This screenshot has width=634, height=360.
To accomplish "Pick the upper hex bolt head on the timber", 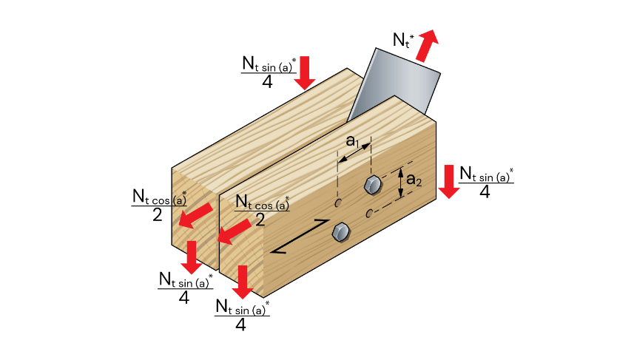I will pos(371,184).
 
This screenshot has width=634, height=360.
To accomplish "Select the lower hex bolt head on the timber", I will pos(340,231).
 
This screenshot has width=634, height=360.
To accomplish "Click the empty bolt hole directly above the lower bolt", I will pos(339,202).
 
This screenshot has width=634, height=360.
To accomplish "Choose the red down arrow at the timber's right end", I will pos(448,182).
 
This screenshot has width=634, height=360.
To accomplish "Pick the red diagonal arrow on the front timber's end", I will pos(233,234).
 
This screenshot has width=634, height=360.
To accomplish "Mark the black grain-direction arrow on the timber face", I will pos(300,237).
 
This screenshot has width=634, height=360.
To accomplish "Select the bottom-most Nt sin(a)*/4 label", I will pos(241,314).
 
